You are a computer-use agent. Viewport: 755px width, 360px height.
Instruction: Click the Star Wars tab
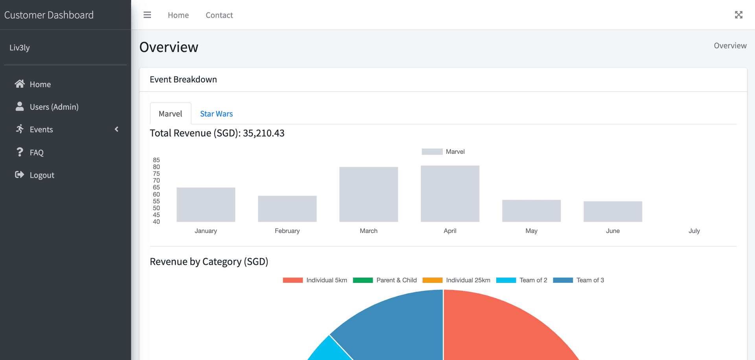pyautogui.click(x=216, y=114)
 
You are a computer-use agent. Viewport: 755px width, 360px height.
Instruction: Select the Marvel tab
pyautogui.click(x=170, y=114)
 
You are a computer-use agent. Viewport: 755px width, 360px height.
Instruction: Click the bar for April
pyautogui.click(x=450, y=194)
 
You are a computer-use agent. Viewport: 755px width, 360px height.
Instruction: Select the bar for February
pyautogui.click(x=287, y=209)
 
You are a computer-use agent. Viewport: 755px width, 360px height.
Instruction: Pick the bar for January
pyautogui.click(x=206, y=205)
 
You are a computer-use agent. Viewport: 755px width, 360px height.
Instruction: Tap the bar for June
pyautogui.click(x=613, y=212)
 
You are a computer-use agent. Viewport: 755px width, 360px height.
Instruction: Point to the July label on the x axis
pyautogui.click(x=694, y=231)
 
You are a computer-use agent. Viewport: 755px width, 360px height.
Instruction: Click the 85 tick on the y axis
pyautogui.click(x=157, y=160)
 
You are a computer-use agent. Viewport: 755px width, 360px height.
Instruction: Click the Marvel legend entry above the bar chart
pyautogui.click(x=443, y=152)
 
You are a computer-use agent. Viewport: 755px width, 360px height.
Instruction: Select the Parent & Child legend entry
pyautogui.click(x=385, y=280)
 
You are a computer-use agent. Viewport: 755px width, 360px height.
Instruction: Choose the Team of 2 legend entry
pyautogui.click(x=522, y=280)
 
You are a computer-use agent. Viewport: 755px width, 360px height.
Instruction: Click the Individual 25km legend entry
pyautogui.click(x=457, y=280)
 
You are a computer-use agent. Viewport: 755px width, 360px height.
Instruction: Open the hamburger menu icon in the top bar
pyautogui.click(x=147, y=15)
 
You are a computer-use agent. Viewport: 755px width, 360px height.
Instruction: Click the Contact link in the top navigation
pyautogui.click(x=219, y=15)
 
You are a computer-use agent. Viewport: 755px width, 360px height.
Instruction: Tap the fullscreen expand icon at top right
pyautogui.click(x=738, y=15)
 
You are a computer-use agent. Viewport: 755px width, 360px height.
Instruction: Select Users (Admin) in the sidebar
pyautogui.click(x=54, y=107)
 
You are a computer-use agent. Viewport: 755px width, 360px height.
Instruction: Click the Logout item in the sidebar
pyautogui.click(x=42, y=175)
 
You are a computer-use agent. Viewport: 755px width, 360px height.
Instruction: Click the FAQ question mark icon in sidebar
pyautogui.click(x=20, y=152)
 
